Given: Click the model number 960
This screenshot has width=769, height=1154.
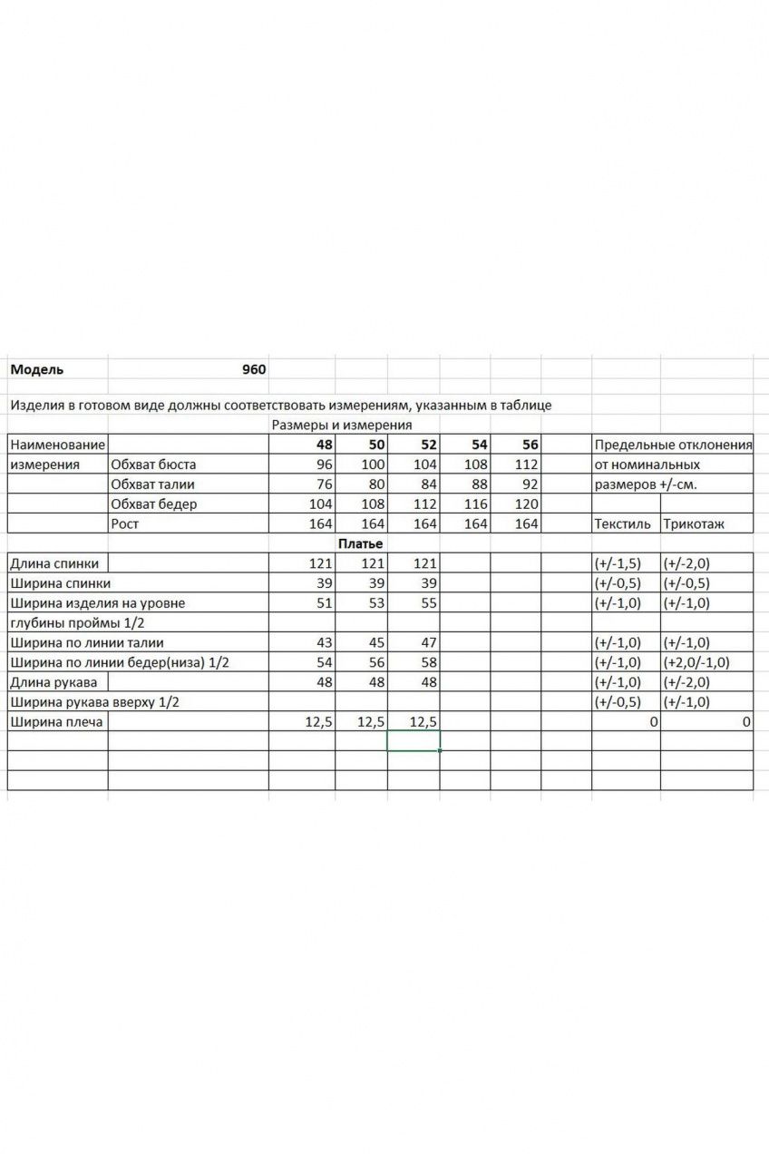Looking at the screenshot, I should point(254,369).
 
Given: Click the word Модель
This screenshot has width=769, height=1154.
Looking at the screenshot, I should point(36,369).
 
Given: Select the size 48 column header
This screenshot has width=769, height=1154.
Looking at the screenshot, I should point(324,445).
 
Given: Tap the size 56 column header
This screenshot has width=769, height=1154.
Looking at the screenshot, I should point(530,445).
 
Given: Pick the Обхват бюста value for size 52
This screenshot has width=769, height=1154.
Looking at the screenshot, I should point(423,465).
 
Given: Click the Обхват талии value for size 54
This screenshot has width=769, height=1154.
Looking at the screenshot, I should point(480,484).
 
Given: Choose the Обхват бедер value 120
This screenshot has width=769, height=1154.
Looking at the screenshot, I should point(527,504).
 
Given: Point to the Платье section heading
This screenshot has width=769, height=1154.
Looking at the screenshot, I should point(361,543).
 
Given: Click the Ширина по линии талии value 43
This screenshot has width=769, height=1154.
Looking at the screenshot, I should point(324,642).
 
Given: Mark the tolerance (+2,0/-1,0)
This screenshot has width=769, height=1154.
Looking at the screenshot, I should point(696,662).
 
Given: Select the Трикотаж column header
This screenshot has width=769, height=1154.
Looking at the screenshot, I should point(695,523).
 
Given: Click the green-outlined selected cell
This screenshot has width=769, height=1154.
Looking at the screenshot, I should point(414,741).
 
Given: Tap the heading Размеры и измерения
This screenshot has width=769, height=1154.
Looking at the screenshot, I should point(341,425).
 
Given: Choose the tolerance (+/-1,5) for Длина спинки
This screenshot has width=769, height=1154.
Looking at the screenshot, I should point(618,563).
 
